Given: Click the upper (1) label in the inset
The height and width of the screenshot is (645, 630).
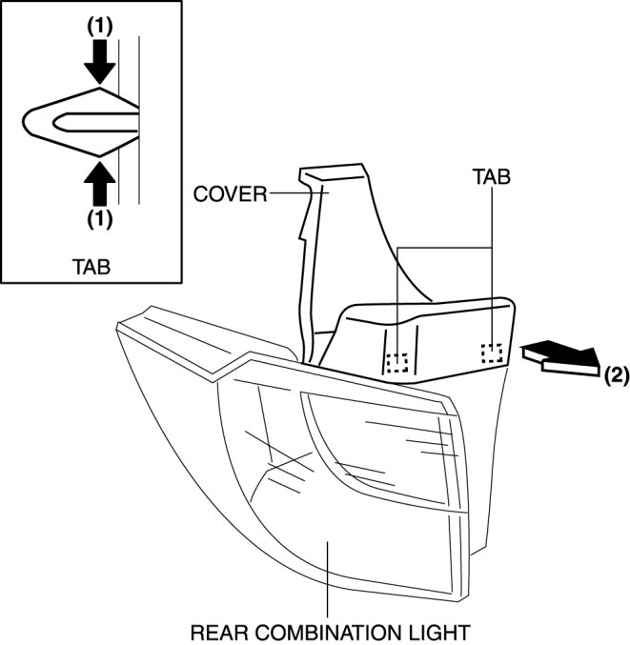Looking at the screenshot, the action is click(x=99, y=29).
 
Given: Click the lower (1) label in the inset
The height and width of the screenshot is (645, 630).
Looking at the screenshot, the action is click(x=99, y=218).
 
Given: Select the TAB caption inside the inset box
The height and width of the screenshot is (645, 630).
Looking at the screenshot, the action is click(x=91, y=267).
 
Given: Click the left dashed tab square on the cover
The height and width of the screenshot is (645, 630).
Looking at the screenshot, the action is click(x=396, y=362).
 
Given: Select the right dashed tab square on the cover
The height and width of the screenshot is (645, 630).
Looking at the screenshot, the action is click(x=492, y=354).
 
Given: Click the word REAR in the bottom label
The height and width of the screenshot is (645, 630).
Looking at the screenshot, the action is click(x=217, y=632).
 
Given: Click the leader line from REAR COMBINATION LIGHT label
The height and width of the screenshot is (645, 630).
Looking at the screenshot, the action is click(x=327, y=581).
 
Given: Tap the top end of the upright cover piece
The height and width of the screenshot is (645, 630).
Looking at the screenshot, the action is click(x=334, y=174).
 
